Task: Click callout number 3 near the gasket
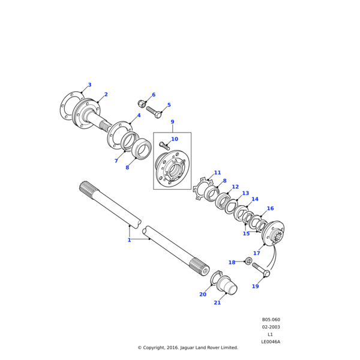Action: click(x=90, y=85)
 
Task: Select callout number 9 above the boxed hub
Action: click(x=172, y=122)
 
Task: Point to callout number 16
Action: click(x=270, y=209)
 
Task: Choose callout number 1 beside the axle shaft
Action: click(x=129, y=240)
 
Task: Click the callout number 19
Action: click(x=255, y=286)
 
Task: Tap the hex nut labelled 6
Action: click(x=143, y=103)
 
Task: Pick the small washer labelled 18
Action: click(x=248, y=261)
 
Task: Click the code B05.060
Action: click(x=271, y=320)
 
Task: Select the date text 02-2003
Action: click(x=271, y=327)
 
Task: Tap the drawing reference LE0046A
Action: click(x=271, y=341)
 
